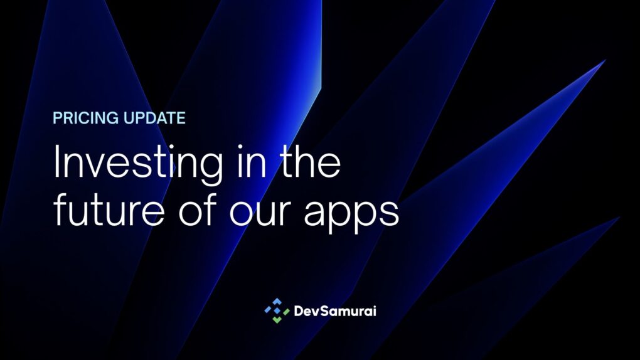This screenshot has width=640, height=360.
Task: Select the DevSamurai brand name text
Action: pos(334,310)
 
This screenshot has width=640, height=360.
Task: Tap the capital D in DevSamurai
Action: pos(299,310)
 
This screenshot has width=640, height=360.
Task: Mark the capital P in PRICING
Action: pos(57,118)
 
